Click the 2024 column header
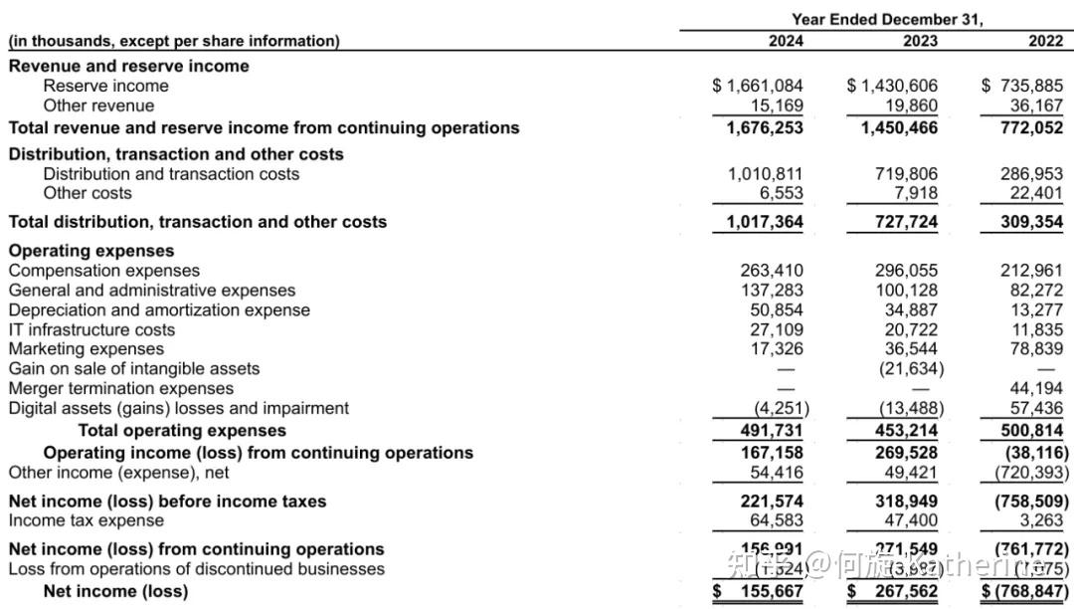(786, 41)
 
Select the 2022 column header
(1046, 41)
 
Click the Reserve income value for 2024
(759, 86)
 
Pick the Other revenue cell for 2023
(911, 105)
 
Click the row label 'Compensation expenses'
(104, 271)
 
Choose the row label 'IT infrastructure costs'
(91, 329)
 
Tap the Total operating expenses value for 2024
(772, 430)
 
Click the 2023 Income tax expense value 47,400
(911, 520)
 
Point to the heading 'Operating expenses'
(91, 251)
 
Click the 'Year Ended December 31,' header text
(887, 19)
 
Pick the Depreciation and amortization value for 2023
(911, 309)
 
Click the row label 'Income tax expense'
(87, 520)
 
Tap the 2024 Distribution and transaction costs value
(766, 174)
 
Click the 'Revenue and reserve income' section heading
(129, 66)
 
